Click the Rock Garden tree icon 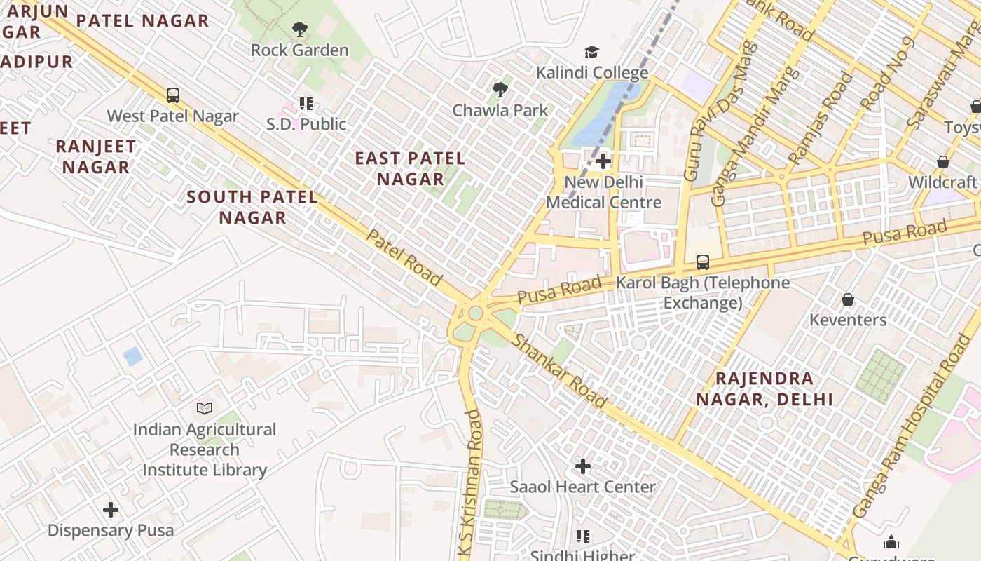(x=300, y=29)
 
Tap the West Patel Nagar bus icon (x=172, y=95)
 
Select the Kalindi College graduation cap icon (x=592, y=53)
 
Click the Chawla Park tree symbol (x=500, y=90)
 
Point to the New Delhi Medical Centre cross (x=603, y=162)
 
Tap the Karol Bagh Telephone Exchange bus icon (x=703, y=263)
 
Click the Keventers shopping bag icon (x=848, y=300)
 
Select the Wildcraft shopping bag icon (x=943, y=162)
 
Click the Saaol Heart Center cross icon (x=582, y=466)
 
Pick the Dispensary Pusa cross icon (x=111, y=510)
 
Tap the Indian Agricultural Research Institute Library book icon (x=205, y=408)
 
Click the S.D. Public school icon (x=306, y=104)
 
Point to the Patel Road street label (x=404, y=257)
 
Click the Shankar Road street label (x=560, y=371)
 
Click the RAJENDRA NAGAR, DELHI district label (x=764, y=389)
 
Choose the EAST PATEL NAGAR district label (x=410, y=169)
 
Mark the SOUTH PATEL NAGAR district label (x=252, y=207)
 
